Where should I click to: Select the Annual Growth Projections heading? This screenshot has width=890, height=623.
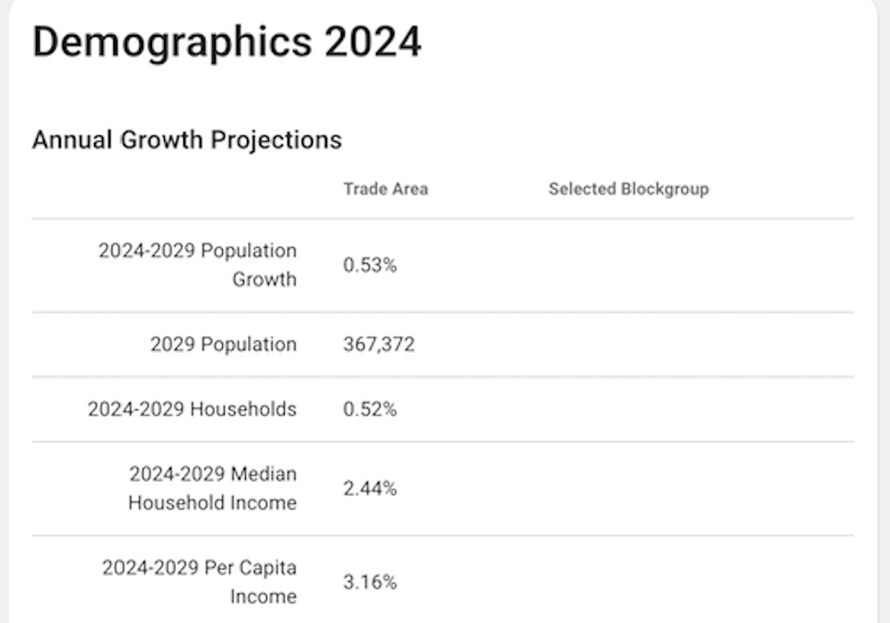[x=187, y=140]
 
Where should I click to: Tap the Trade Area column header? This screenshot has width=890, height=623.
[x=385, y=189]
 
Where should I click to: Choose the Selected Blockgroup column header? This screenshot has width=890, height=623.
[x=628, y=189]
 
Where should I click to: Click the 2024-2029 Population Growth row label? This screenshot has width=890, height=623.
[x=198, y=264]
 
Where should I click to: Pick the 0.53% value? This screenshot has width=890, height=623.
[x=369, y=265]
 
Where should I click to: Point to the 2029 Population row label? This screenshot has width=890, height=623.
[x=223, y=345]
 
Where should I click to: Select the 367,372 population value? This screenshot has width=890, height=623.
[x=379, y=345]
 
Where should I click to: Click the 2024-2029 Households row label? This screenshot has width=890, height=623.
[x=193, y=409]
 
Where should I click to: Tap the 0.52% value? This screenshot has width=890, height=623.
[x=369, y=409]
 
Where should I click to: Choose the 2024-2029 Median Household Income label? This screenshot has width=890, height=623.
[x=213, y=488]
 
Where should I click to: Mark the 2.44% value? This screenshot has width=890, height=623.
[x=369, y=489]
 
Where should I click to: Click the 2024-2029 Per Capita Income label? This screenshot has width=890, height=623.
[x=200, y=582]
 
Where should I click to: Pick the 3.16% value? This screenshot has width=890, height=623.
[x=369, y=582]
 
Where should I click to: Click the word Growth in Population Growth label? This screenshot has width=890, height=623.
[x=264, y=279]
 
